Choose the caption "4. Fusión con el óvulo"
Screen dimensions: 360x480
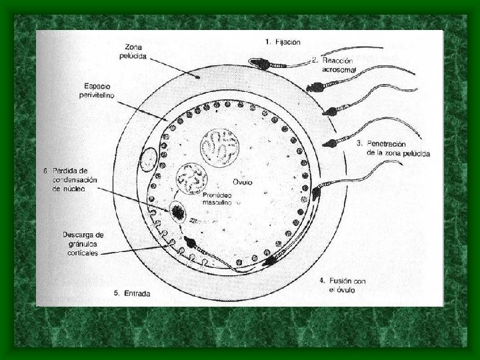(x=342, y=286)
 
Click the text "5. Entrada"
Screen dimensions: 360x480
(x=132, y=293)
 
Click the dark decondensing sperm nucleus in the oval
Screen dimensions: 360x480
(x=179, y=213)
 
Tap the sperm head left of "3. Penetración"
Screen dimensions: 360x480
(x=331, y=141)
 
